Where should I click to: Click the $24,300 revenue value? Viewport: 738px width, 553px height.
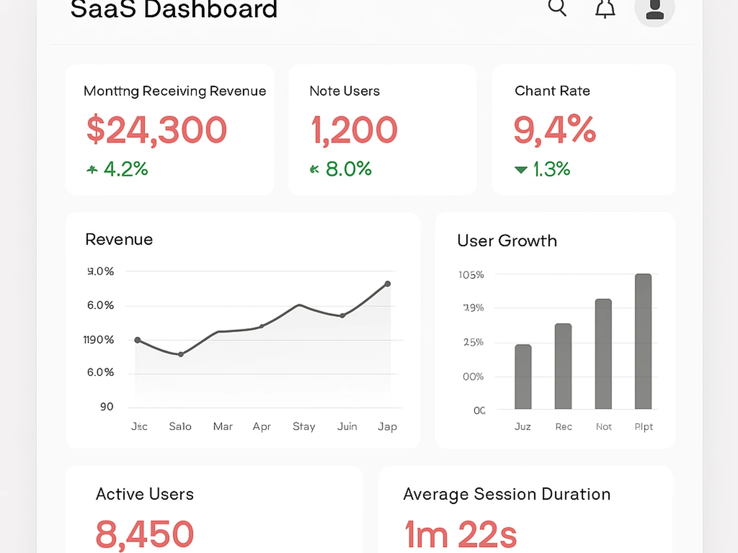[x=157, y=130]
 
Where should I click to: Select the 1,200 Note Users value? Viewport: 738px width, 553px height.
[x=354, y=130]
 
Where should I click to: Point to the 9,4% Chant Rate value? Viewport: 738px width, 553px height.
[x=554, y=130]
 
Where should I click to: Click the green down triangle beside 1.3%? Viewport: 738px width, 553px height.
[x=521, y=170]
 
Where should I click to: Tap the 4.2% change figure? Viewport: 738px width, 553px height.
[x=125, y=169]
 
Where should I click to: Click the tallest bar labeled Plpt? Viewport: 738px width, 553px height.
[x=643, y=341]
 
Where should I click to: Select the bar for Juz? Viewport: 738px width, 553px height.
[x=523, y=377]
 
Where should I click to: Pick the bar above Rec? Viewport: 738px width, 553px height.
[x=563, y=366]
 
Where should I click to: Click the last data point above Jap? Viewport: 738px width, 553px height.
[x=387, y=284]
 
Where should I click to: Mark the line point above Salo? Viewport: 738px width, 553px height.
[x=181, y=354]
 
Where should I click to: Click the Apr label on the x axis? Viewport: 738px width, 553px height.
[x=262, y=427]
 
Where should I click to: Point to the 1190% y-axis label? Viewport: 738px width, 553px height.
[x=98, y=340]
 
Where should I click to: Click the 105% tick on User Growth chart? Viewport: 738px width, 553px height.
[x=471, y=275]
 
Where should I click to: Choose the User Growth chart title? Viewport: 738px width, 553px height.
[x=507, y=241]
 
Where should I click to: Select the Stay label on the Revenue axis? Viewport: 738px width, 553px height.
[x=304, y=427]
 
